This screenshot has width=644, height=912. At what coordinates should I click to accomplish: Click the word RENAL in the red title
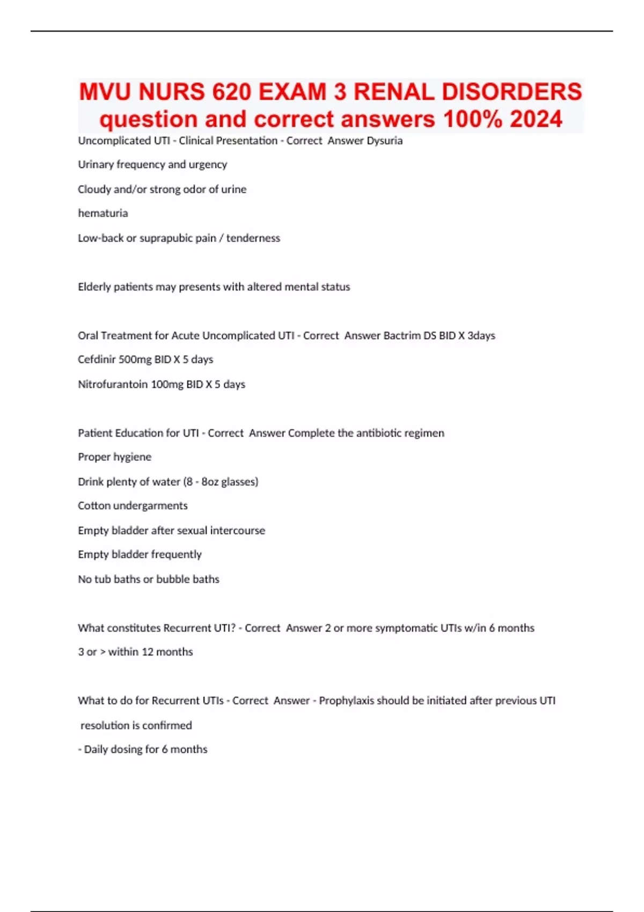[394, 92]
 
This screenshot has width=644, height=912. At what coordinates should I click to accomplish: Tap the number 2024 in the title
[536, 119]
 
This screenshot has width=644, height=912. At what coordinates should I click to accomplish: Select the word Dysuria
[384, 141]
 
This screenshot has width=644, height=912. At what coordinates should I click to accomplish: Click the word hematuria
[103, 213]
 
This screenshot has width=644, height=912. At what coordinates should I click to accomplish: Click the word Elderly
[94, 287]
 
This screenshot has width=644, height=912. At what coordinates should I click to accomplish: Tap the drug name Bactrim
[401, 336]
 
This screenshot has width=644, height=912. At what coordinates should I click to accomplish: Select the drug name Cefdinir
[97, 359]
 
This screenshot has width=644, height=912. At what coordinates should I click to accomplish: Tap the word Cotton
[94, 506]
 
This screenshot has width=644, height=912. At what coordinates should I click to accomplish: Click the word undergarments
[150, 506]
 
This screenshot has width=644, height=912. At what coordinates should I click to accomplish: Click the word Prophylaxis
[346, 701]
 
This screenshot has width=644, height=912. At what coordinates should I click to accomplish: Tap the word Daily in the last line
[96, 749]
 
